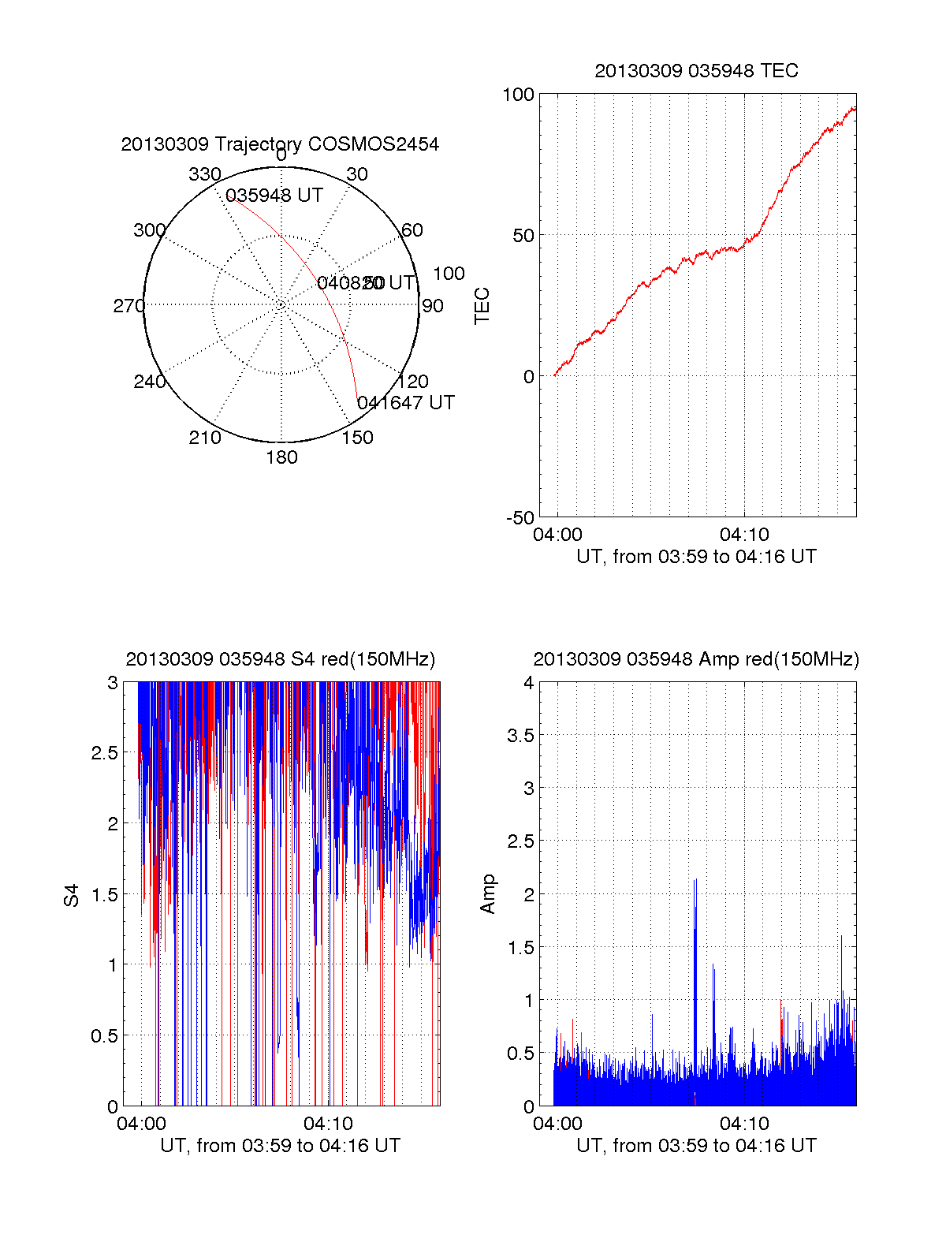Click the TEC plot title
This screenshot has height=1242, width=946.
[696, 71]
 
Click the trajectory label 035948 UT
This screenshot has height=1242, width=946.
[274, 196]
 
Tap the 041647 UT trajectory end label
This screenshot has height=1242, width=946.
[406, 403]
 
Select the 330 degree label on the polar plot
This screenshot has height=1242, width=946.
[204, 174]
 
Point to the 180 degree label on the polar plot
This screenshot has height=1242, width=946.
[281, 457]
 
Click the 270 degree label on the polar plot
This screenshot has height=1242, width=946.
[128, 306]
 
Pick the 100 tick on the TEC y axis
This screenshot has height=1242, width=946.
[518, 95]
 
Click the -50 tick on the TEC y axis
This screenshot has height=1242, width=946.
[520, 518]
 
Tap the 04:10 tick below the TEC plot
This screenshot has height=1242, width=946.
[744, 535]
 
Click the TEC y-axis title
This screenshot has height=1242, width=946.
[482, 306]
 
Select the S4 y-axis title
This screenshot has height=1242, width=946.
[72, 895]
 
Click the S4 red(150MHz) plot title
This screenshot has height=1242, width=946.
[280, 659]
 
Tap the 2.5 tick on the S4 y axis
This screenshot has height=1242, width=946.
[105, 753]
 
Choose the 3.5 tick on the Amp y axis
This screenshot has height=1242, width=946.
[520, 736]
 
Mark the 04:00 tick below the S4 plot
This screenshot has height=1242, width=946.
[141, 1124]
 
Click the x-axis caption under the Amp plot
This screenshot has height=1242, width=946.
[696, 1146]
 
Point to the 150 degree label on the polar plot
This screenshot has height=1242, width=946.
[357, 438]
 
